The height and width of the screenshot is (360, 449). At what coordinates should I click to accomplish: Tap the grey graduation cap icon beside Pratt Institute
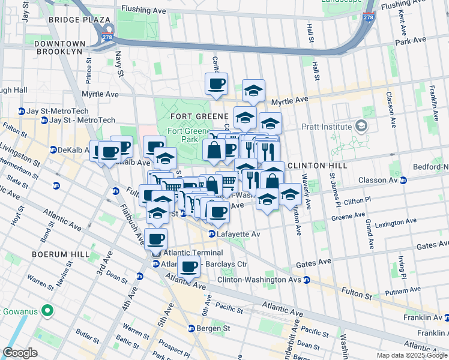(x=361, y=126)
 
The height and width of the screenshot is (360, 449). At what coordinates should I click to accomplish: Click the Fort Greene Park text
(x=182, y=135)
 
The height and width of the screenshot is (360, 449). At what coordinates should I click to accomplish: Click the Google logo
(x=20, y=353)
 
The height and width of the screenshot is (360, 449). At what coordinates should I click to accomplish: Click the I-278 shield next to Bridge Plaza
(x=107, y=37)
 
